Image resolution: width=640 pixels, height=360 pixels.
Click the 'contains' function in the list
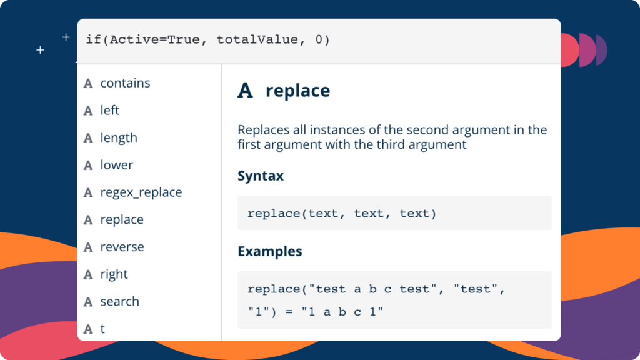[125, 83]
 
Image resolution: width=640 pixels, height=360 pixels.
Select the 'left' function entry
[110, 110]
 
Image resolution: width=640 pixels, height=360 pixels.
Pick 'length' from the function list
[119, 138]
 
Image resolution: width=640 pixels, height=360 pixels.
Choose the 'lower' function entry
[117, 165]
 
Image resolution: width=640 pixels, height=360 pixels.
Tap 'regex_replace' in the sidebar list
[141, 192]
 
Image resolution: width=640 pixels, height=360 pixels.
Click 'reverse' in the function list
[122, 247]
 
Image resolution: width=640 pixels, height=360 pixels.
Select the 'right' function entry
[114, 274]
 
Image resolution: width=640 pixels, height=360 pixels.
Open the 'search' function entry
[119, 301]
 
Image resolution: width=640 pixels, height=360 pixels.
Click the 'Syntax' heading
[261, 176]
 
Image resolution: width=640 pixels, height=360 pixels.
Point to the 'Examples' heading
[270, 251]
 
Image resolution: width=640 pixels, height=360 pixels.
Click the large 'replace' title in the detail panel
[297, 91]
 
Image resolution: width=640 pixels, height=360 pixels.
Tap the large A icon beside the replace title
[245, 90]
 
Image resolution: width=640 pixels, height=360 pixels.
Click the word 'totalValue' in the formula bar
[257, 39]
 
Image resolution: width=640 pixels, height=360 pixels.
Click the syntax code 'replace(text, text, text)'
[342, 214]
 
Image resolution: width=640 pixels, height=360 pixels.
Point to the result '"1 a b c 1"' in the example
[342, 312]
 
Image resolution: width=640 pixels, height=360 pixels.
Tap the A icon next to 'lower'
[88, 165]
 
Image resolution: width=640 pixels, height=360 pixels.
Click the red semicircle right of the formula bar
[570, 50]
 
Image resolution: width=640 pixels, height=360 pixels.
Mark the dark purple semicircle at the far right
[601, 50]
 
